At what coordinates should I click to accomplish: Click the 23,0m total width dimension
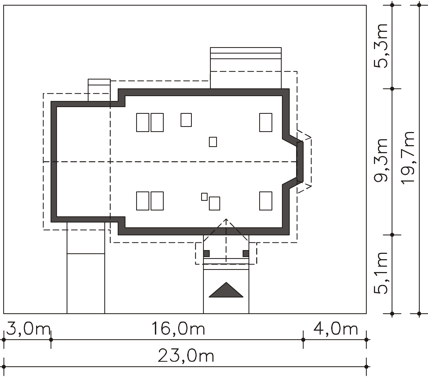(x=186, y=356)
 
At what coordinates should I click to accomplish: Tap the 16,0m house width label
(x=178, y=329)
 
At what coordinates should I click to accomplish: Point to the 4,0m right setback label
(x=335, y=329)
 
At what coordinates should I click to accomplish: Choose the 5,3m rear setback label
(x=381, y=46)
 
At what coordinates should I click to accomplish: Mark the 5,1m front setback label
(x=381, y=273)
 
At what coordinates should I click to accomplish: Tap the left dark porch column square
(x=206, y=253)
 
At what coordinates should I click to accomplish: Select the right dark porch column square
(x=246, y=253)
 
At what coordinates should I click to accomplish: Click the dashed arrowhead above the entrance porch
(x=226, y=220)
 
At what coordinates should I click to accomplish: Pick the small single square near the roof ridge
(x=213, y=142)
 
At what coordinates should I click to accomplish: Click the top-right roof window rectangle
(x=266, y=122)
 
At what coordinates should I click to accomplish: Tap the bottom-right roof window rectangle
(x=266, y=201)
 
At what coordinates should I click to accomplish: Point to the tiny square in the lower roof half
(x=204, y=197)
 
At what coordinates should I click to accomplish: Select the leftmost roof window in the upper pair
(x=143, y=122)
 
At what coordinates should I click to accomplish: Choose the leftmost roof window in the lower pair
(x=143, y=201)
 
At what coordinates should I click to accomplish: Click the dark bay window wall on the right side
(x=300, y=162)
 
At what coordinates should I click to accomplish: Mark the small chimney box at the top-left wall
(x=99, y=90)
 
